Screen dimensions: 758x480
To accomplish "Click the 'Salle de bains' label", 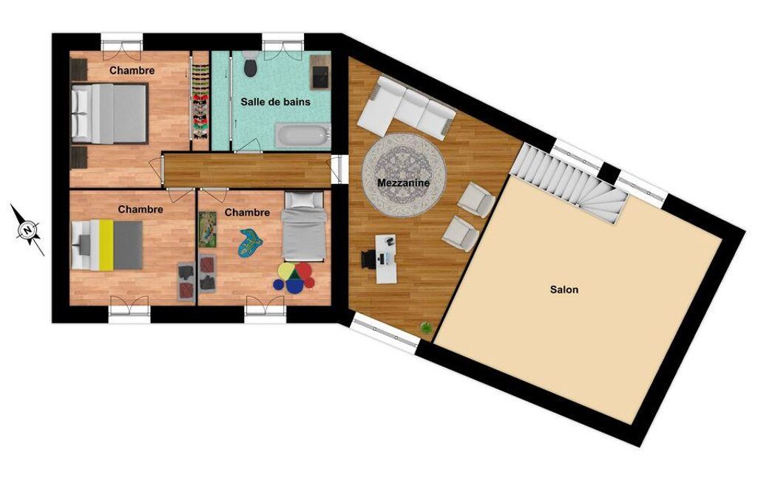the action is pos(276,102).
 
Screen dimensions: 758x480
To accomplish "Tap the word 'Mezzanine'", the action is pos(403,183).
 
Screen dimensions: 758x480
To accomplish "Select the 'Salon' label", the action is pos(564,289).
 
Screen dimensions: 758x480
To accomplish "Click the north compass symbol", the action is pos(28,230).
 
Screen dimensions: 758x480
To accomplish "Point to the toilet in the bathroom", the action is pos(250,64).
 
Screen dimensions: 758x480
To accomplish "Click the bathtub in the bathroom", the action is pos(302,134).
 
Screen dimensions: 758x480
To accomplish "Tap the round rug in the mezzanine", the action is pos(404,175).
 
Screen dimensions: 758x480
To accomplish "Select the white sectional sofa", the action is pos(406,108).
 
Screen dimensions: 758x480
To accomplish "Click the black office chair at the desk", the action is pos(368,259).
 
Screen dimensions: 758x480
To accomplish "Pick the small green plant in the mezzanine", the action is pos(426,328).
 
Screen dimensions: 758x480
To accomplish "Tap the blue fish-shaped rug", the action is pos(251,242).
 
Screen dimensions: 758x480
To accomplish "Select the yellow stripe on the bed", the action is pos(106,245).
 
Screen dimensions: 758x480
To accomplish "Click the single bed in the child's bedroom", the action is pos(303,226).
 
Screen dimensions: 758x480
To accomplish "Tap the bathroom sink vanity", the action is pos(320,72).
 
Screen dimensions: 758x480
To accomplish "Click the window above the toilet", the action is pos(283,41).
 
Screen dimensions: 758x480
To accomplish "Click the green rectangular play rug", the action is pos(207,230).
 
